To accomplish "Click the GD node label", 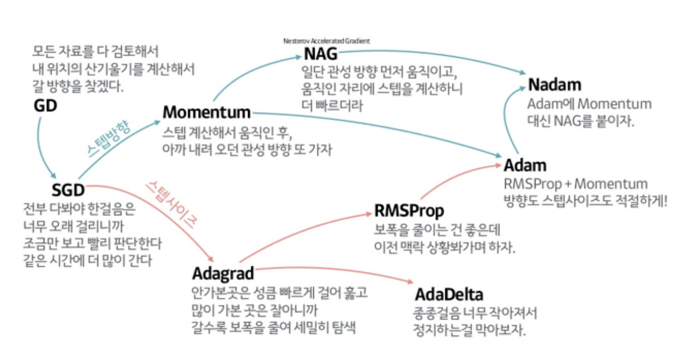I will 45,106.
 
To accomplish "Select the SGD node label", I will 68,190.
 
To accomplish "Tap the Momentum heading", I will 206,112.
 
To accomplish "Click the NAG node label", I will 320,54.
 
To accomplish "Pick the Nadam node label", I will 554,85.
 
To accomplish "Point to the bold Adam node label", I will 525,165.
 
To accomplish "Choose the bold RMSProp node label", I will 409,211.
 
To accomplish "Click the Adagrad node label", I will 223,273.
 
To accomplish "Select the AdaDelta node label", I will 449,295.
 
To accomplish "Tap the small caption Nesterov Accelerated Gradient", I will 326,41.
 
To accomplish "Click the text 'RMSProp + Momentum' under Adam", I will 576,184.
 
